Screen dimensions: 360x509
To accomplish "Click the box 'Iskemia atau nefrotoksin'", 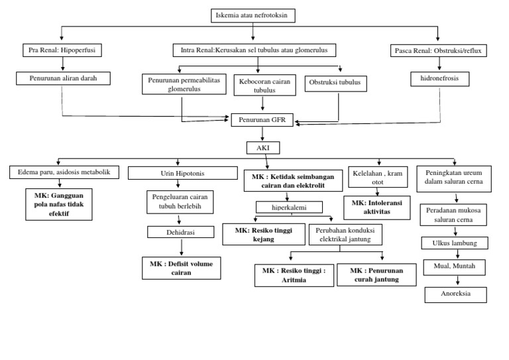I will [253, 15].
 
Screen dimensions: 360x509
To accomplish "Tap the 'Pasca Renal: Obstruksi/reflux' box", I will [438, 50].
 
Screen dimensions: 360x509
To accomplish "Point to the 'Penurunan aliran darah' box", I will [62, 78].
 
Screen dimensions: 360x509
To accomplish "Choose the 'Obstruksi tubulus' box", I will [335, 84].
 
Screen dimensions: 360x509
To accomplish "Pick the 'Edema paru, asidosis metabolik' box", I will [64, 172].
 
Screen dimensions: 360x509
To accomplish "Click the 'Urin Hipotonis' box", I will [182, 172].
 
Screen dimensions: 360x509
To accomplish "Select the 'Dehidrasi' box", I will [180, 232].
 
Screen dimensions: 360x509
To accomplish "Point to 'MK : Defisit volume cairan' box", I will [181, 268].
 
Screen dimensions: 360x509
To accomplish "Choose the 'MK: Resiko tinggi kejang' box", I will [263, 234].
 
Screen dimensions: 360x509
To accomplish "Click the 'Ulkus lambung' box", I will [454, 243].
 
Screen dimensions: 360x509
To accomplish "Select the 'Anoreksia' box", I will [455, 294].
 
